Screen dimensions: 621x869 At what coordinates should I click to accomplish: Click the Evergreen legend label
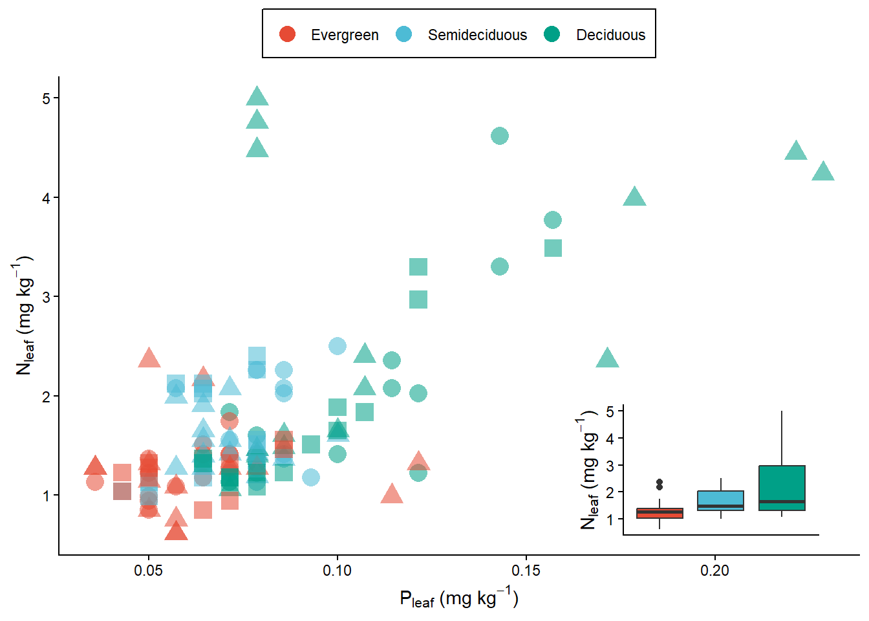345,35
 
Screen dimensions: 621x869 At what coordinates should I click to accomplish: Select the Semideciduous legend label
477,35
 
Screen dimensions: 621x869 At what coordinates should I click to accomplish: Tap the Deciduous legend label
610,35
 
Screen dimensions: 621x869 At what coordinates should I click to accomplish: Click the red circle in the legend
287,34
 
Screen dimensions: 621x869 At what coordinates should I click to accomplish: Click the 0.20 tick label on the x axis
714,571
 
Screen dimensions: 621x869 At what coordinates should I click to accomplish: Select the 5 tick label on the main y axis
46,98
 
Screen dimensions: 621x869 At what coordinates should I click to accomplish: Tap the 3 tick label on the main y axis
46,297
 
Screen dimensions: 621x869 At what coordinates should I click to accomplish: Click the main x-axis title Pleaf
459,598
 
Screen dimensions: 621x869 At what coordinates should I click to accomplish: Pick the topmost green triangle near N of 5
257,97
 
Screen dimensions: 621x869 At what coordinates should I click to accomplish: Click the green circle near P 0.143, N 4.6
499,136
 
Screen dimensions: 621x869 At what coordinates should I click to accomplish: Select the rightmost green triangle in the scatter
823,172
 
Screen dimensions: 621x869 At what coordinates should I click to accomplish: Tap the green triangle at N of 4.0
634,197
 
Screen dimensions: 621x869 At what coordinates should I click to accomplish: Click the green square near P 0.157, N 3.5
553,248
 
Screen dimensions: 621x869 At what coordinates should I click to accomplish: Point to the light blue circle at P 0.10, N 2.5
337,346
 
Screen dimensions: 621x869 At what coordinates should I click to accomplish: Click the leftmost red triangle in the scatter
95,466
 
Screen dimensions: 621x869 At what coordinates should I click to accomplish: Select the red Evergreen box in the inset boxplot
660,513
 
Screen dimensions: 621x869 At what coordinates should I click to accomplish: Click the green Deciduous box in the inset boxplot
782,488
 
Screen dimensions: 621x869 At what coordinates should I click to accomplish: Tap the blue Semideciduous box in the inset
721,501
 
